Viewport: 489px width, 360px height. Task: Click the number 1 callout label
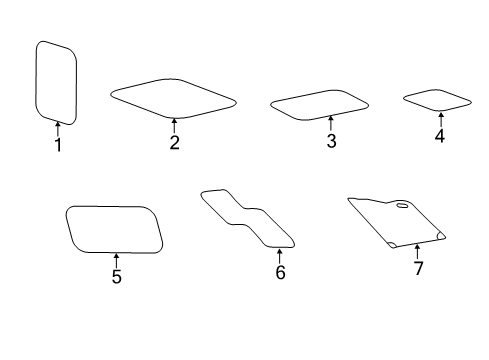(x=58, y=146)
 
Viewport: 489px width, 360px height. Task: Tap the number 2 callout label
(x=174, y=143)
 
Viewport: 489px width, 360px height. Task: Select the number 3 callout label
(x=331, y=141)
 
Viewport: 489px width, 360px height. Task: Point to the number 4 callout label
(x=439, y=136)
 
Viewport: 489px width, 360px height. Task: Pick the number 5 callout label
(x=116, y=277)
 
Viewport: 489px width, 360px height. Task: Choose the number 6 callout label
(x=280, y=273)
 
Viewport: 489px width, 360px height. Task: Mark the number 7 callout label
(x=418, y=269)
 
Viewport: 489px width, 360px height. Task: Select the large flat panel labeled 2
(x=173, y=99)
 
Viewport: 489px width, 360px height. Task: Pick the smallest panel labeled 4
(x=437, y=100)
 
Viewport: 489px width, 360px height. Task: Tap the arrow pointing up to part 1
(x=58, y=128)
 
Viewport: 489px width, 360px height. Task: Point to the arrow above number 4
(x=439, y=119)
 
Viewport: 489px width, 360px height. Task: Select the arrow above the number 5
(x=116, y=259)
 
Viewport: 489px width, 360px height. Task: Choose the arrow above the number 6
(x=280, y=255)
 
